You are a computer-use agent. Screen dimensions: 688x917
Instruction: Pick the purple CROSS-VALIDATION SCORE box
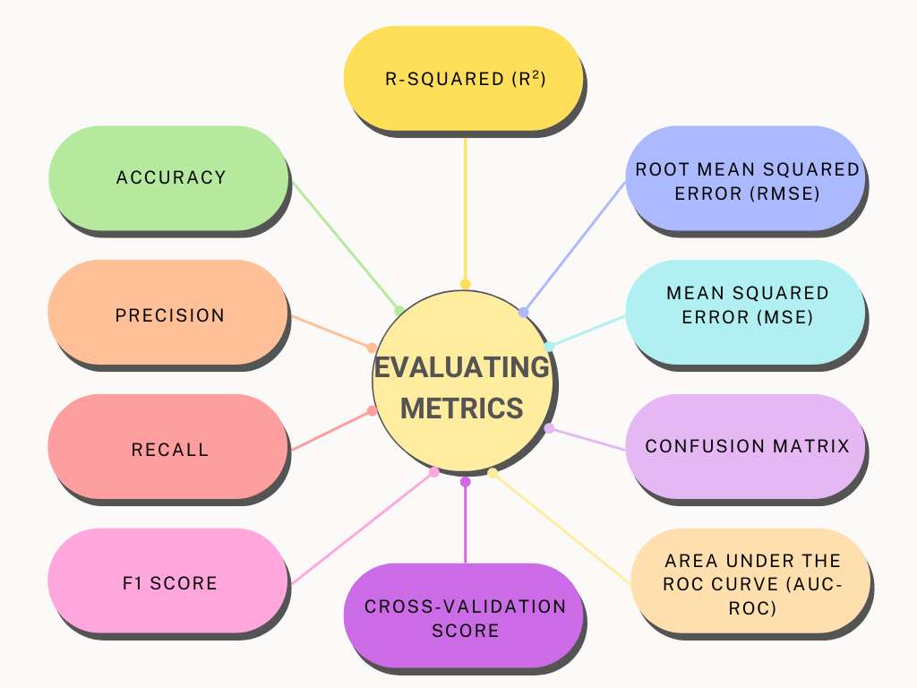point(464,616)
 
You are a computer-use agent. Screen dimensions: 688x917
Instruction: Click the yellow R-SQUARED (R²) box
point(464,78)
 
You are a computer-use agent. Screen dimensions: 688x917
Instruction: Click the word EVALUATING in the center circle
point(461,367)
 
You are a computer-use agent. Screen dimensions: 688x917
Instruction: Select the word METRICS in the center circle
point(461,408)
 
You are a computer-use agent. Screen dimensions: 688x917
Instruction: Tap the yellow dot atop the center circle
point(465,284)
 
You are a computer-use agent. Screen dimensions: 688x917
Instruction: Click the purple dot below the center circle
point(465,482)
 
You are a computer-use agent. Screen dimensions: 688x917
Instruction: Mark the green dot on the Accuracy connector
point(399,311)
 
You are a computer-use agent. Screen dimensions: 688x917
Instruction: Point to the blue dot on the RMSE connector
point(523,313)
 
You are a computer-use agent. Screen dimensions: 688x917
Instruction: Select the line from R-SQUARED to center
point(465,206)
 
